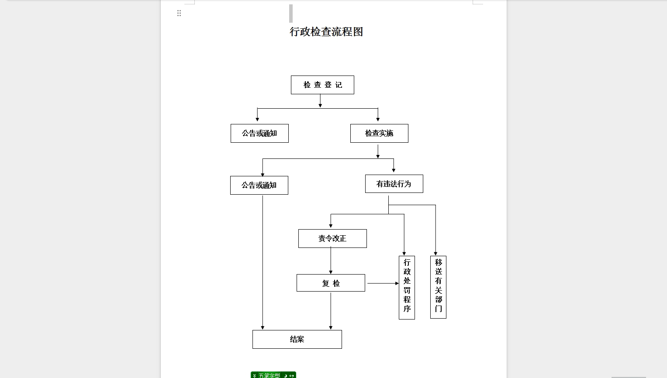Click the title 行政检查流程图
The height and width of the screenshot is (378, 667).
[326, 32]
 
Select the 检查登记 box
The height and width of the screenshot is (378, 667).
[322, 85]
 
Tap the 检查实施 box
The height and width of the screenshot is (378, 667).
[379, 133]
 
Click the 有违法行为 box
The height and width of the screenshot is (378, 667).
[394, 184]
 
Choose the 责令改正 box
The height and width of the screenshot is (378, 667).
[332, 238]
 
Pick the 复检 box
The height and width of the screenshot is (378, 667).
[331, 283]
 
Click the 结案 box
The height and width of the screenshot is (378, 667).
[297, 339]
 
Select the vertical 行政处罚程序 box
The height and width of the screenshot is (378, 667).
[407, 288]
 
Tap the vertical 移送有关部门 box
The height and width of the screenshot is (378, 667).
[438, 287]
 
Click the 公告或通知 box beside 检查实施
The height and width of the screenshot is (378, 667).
[259, 133]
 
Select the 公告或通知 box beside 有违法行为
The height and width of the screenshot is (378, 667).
[259, 186]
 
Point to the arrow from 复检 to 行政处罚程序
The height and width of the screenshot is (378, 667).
[383, 283]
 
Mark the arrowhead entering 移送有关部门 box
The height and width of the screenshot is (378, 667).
[435, 254]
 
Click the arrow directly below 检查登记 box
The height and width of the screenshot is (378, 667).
[321, 101]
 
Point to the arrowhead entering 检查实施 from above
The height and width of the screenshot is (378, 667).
[378, 119]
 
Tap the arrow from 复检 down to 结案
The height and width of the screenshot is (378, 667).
[331, 311]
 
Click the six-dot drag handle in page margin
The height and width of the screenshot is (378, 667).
[179, 13]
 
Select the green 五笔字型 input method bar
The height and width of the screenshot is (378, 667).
[273, 375]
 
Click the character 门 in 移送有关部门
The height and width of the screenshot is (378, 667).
[438, 309]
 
